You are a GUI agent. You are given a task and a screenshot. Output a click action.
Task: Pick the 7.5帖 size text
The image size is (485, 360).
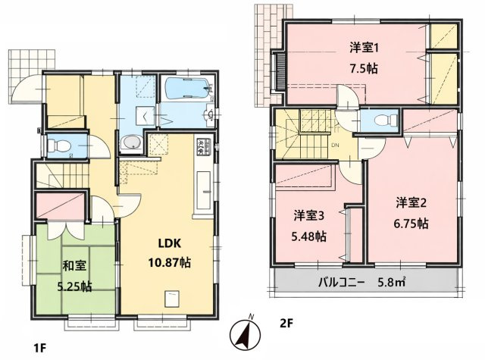tap(365, 67)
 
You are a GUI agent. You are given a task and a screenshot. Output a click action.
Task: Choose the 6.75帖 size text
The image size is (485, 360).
tap(412, 224)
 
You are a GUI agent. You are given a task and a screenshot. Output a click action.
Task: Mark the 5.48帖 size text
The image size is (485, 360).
tap(310, 236)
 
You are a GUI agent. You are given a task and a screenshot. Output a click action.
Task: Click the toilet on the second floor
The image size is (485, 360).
tap(383, 120)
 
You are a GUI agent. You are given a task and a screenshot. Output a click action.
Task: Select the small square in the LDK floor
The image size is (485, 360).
tap(171, 296)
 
